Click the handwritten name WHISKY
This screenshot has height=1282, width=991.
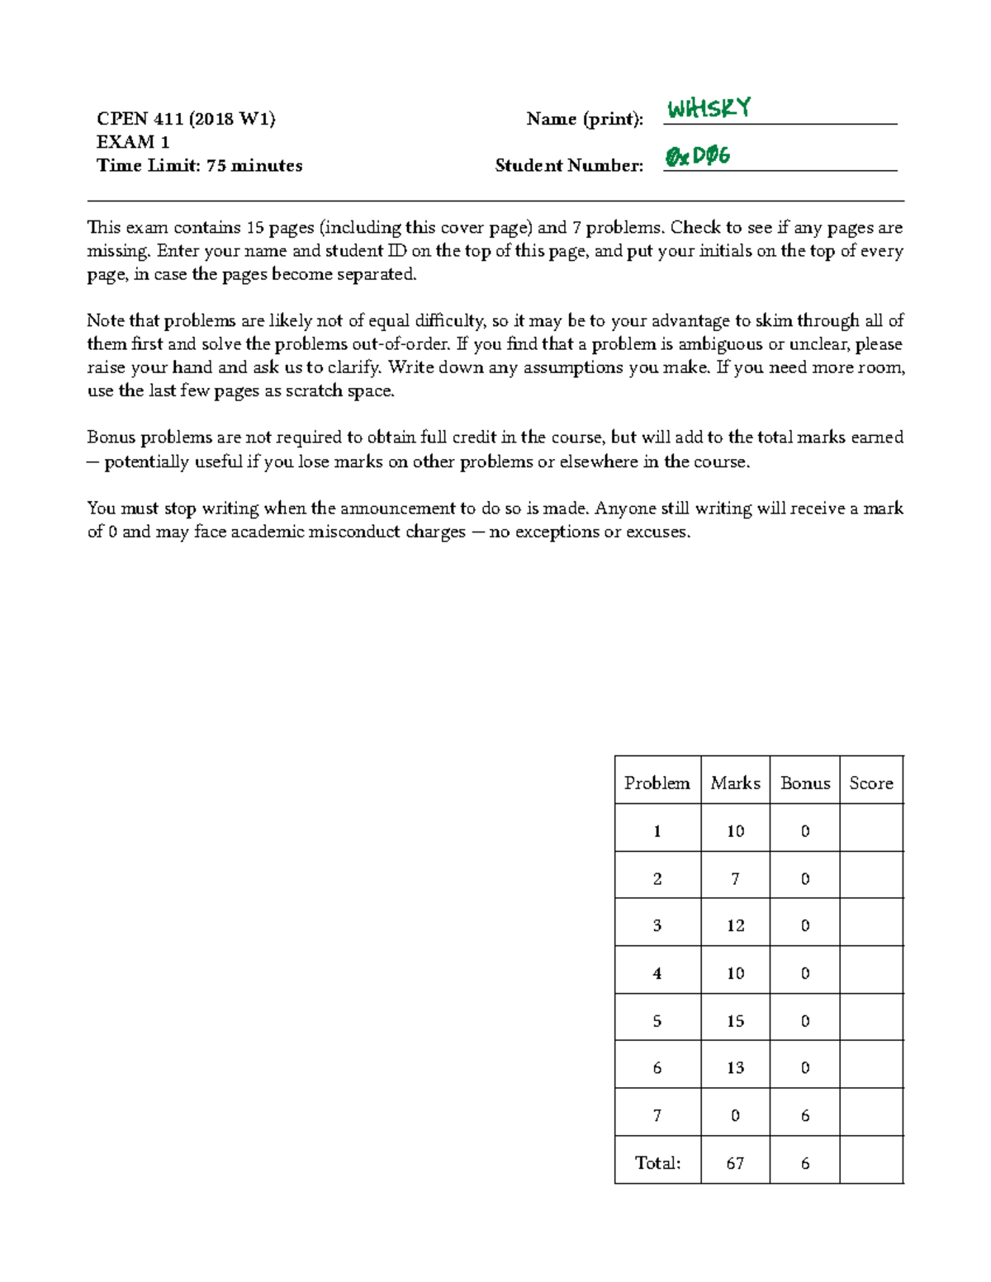coord(709,108)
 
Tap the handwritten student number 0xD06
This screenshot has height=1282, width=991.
coord(698,155)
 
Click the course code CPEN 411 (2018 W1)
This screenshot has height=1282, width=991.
coord(186,119)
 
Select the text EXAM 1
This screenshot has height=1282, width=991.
coord(133,142)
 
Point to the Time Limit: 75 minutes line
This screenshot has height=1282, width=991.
coord(199,165)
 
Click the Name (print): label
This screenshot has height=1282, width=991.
coord(585,119)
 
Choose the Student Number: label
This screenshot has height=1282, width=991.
coord(569,165)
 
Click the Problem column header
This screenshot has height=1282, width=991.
coord(657,783)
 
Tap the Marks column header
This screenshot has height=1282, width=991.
coord(735,783)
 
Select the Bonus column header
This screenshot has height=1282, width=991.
coord(805,783)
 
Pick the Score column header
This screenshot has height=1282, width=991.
coord(871,783)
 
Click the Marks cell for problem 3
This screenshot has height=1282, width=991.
coord(735,925)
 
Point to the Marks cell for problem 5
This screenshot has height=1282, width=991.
coord(735,1021)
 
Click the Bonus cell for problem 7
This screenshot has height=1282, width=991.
coord(805,1116)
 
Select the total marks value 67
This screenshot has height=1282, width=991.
coord(735,1163)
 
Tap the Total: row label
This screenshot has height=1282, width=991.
coord(657,1163)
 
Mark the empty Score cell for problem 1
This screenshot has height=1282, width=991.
coord(871,830)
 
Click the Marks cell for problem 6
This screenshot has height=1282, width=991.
coord(735,1068)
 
